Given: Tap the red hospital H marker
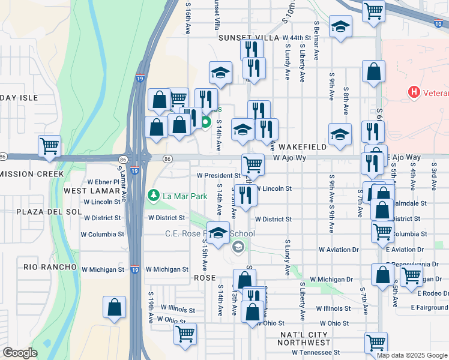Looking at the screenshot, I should click(413, 93).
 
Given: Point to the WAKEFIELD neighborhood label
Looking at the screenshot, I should click(303, 147).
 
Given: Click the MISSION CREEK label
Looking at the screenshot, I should click(32, 174).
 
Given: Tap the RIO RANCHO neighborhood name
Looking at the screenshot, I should click(50, 266).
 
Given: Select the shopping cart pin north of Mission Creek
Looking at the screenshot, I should click(49, 146).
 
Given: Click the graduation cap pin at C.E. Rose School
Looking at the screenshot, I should click(218, 232).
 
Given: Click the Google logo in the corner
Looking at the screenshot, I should click(20, 353).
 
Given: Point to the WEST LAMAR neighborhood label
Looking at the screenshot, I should click(85, 191).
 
